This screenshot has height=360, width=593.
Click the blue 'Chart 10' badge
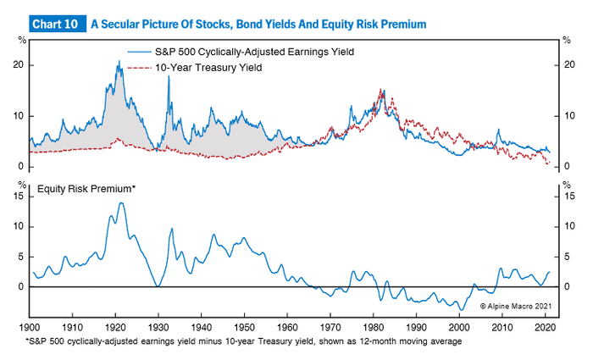(x=57, y=25)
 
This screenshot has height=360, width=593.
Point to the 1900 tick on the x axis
(x=30, y=325)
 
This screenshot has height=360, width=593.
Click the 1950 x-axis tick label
(x=245, y=325)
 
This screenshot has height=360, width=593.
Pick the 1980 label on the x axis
(x=374, y=325)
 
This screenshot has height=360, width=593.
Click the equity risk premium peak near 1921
(x=122, y=203)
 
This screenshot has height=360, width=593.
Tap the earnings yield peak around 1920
(x=119, y=63)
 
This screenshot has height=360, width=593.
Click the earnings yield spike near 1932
(x=169, y=77)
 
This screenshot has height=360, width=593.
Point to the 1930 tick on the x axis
(x=159, y=325)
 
